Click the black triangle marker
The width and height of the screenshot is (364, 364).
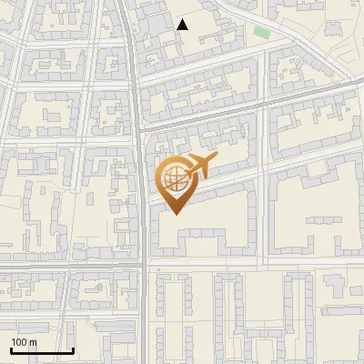(183, 25)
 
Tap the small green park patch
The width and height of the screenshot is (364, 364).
(262, 33)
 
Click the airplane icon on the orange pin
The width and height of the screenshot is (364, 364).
(201, 167)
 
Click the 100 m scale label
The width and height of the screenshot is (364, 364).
(25, 341)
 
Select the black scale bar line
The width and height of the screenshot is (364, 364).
(42, 350)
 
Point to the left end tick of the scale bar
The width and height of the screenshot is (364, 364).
(11, 349)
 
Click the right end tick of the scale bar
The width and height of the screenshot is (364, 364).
(73, 349)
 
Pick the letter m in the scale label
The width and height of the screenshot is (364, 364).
(33, 341)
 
